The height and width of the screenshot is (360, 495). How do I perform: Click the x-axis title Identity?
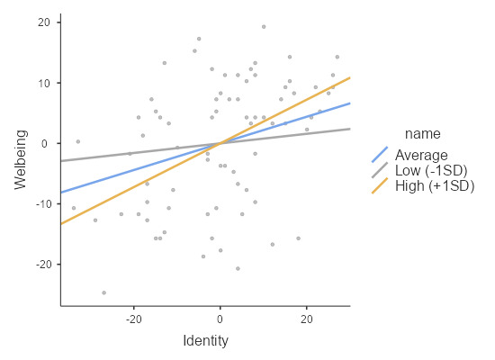pos(205,340)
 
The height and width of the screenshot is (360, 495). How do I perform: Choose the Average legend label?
pos(421,154)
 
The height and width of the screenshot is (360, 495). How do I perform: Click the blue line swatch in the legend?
pos(380,154)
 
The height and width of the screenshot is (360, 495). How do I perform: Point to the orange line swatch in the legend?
pos(380,186)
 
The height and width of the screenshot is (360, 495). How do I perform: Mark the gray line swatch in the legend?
pos(380,170)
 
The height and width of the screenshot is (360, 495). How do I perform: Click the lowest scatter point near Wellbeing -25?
pos(103,292)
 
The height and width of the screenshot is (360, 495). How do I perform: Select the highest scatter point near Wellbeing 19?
pos(264,27)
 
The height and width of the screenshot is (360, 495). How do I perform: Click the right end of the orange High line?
pos(349,77)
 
